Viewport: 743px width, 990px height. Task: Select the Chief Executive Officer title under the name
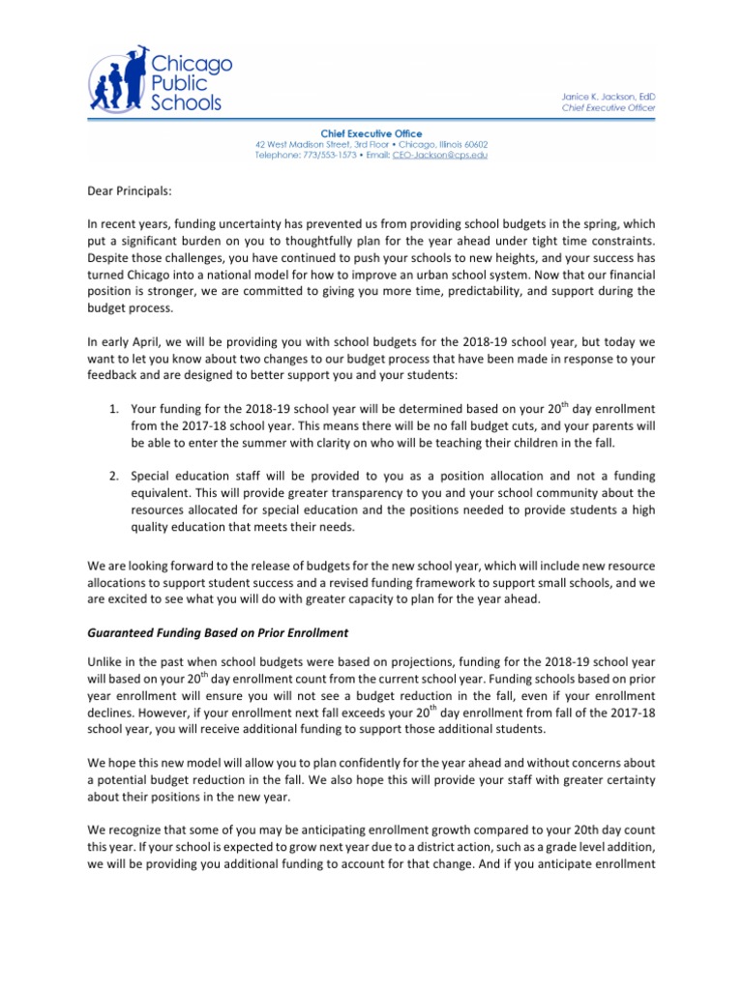(609, 107)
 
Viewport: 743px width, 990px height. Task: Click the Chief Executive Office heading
(371, 133)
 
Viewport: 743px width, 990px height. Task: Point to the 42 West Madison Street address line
(371, 144)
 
